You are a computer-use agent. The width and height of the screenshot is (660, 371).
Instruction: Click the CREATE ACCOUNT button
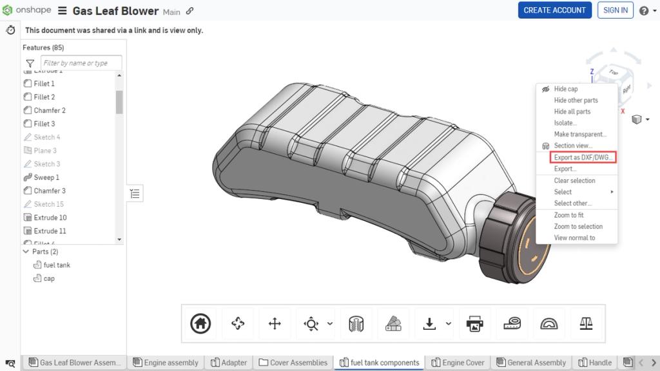point(554,10)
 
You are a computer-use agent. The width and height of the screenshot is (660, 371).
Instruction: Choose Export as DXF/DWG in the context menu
point(584,157)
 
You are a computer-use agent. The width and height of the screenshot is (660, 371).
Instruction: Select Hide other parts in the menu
point(576,100)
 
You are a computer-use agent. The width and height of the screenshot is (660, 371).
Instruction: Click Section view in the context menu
point(572,146)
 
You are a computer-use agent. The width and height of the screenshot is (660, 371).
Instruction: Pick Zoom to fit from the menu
point(568,215)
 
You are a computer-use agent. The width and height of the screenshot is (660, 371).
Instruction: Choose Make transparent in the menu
point(580,135)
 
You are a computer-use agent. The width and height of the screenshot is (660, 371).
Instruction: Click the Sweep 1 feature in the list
point(46,177)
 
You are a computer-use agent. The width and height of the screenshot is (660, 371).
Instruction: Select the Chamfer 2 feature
point(50,110)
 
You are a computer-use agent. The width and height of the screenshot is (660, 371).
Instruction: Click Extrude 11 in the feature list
point(50,231)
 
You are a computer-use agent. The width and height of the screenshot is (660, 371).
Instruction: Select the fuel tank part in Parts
point(57,265)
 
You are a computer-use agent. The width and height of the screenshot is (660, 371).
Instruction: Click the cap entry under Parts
point(49,278)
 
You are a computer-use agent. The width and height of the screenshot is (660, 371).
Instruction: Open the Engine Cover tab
point(462,363)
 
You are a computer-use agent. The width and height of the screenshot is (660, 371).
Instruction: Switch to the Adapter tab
point(233,363)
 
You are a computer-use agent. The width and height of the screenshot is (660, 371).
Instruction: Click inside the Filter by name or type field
point(81,63)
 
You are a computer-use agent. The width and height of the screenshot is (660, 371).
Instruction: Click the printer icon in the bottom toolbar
point(474,323)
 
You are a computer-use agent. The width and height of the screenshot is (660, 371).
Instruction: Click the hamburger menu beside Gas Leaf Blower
point(63,11)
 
